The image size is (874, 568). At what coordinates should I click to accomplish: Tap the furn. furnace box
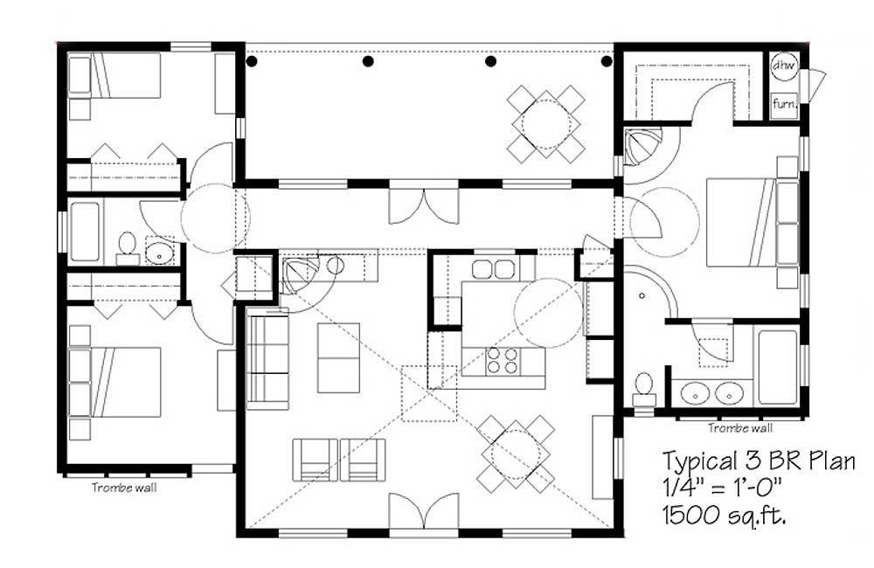tap(785, 105)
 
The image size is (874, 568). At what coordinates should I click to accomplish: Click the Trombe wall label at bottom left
tap(124, 488)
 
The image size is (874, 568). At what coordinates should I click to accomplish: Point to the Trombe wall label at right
tap(740, 428)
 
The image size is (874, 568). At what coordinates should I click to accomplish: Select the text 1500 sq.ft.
tap(725, 516)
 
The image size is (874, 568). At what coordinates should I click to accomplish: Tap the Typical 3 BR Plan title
tap(759, 461)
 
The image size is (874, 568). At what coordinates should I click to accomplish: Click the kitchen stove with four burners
tap(502, 360)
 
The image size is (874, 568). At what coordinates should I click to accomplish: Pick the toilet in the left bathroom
tap(128, 248)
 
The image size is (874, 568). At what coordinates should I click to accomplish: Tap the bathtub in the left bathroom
tap(86, 232)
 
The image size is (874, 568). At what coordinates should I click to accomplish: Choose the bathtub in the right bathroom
tap(778, 367)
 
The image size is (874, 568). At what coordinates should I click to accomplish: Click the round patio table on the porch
tap(545, 124)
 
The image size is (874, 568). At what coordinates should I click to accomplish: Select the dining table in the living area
tap(516, 454)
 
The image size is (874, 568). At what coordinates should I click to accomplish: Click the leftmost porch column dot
tap(252, 61)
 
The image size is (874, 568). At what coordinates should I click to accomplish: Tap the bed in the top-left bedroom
tap(114, 75)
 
